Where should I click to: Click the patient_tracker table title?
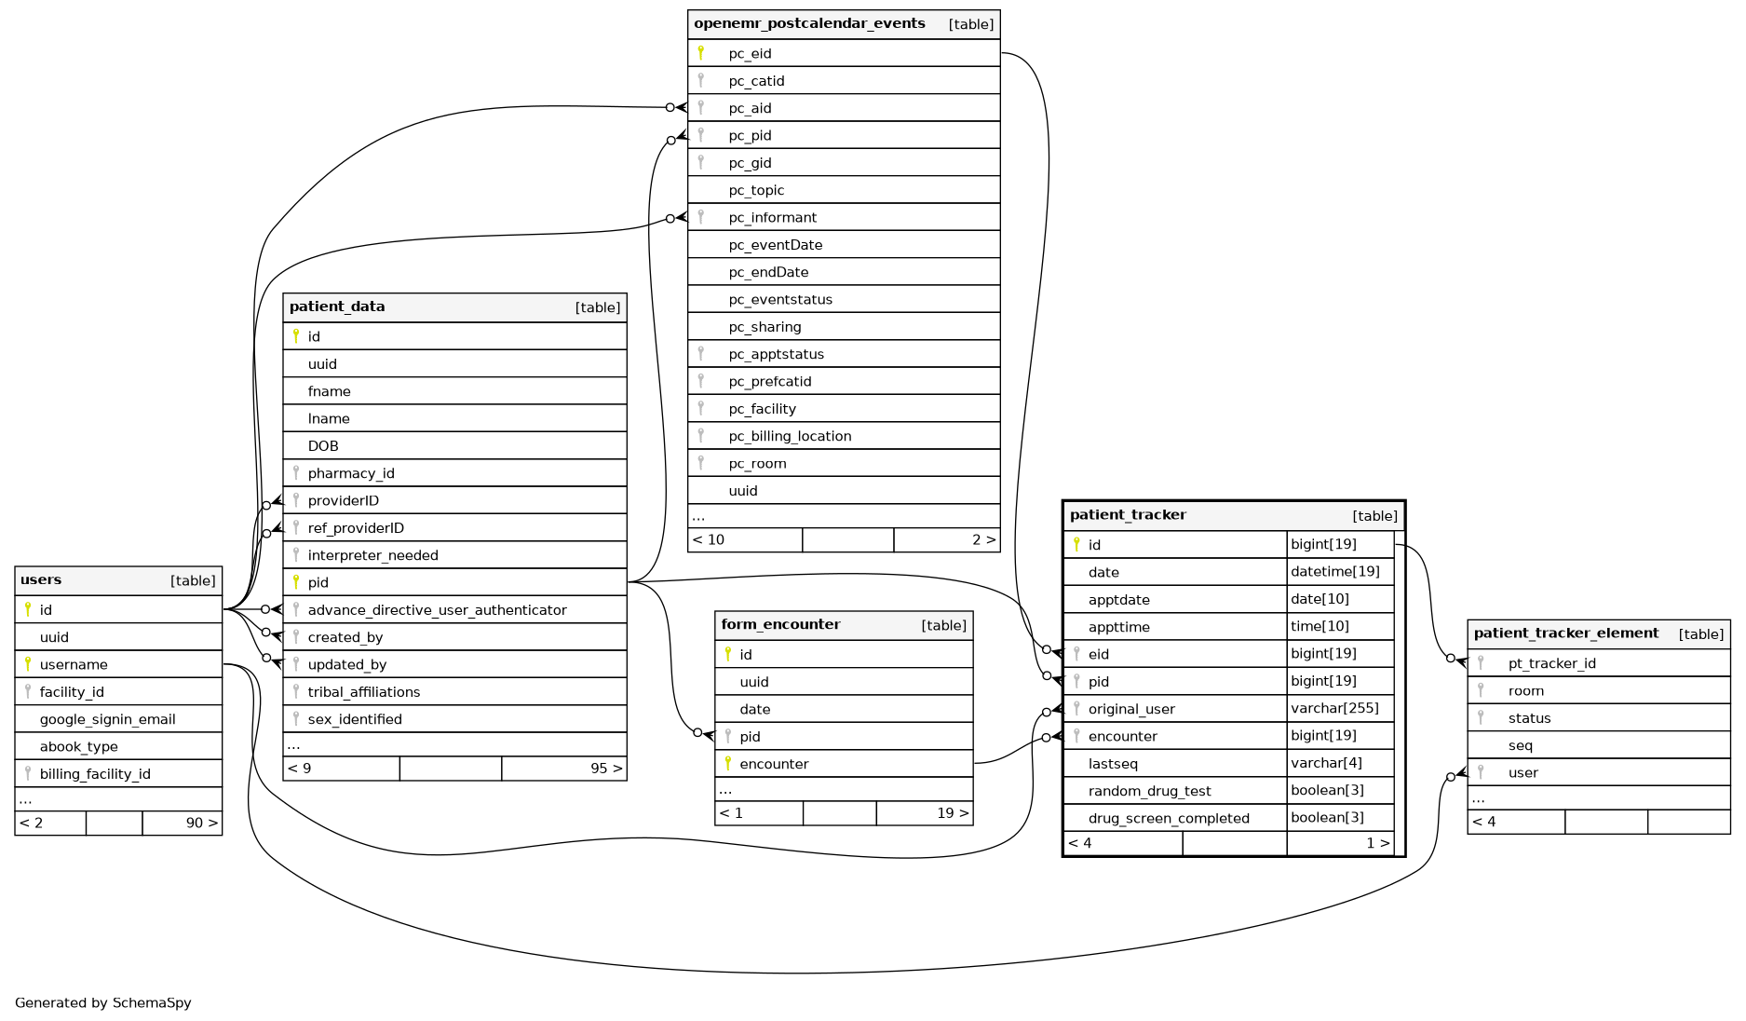click(x=1128, y=515)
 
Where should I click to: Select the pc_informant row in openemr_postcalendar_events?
click(x=772, y=218)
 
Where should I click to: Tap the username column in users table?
click(x=74, y=665)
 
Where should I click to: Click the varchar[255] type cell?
click(x=1334, y=709)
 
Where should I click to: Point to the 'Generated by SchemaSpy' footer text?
click(x=103, y=1003)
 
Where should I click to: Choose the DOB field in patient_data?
click(x=323, y=446)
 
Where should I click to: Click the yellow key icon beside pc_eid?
click(x=701, y=53)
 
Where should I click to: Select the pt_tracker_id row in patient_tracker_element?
click(x=1551, y=664)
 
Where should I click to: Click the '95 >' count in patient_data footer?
click(x=605, y=769)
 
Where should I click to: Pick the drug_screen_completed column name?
click(x=1169, y=819)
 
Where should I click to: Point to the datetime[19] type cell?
click(x=1334, y=572)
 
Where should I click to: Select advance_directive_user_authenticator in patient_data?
click(x=437, y=610)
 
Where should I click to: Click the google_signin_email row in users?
click(x=107, y=719)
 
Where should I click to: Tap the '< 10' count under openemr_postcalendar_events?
click(x=709, y=540)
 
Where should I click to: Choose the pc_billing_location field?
click(x=790, y=437)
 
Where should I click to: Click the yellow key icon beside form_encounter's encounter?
click(x=728, y=764)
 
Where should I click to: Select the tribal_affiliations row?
click(x=363, y=692)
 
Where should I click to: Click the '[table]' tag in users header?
click(x=193, y=581)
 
